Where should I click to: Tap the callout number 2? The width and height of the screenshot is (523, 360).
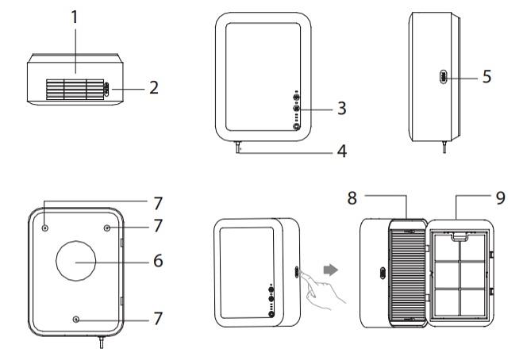pos(155,87)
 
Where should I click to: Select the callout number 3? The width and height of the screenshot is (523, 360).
pos(341,108)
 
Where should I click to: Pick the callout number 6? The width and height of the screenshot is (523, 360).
pos(159,260)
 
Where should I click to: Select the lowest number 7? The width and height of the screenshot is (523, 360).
pos(160,318)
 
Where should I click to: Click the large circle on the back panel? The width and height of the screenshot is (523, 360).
pos(75,260)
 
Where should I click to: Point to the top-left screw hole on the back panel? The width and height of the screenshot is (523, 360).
pos(45,226)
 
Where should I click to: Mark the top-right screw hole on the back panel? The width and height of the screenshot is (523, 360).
pos(106,226)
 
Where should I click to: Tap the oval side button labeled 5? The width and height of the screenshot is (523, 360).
pos(442,77)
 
